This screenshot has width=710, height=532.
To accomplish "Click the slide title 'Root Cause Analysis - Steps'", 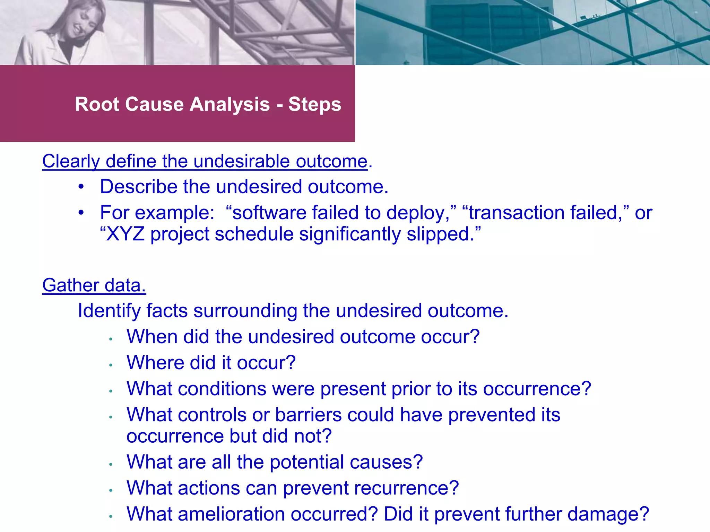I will click(208, 104).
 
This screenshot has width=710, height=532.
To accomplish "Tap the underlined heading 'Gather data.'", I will click(94, 285).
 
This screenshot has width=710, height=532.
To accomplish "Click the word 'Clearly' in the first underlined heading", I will click(71, 161).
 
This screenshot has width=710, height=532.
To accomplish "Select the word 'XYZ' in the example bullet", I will click(125, 234).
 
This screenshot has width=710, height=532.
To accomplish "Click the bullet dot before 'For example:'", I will click(81, 212).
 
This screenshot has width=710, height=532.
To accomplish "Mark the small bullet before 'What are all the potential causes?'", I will click(111, 464).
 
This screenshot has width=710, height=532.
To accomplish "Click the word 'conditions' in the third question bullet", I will click(222, 389).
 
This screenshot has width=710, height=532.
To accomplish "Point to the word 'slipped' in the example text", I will click(438, 234).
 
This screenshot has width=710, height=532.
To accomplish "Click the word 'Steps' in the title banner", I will click(315, 104).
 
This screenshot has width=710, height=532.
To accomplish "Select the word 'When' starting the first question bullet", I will click(152, 337).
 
